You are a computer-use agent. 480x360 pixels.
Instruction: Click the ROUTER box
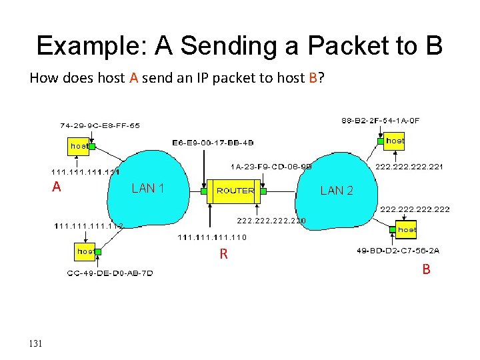[x=235, y=190]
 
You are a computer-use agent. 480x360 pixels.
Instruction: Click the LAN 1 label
[x=148, y=188]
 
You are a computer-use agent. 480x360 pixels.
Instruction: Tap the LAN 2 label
[x=337, y=190]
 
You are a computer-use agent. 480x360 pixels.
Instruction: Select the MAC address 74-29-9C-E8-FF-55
[x=99, y=125]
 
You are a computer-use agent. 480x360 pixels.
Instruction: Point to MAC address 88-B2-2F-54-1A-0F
[x=381, y=120]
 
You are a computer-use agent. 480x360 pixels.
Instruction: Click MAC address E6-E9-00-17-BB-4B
[x=213, y=142]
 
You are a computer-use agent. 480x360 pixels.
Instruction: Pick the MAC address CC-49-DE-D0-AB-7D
[x=110, y=273]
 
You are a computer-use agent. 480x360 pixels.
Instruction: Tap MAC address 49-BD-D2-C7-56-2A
[x=399, y=251]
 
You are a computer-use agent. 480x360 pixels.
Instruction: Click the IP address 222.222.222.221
[x=410, y=167]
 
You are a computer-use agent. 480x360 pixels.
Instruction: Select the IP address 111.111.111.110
[x=212, y=237]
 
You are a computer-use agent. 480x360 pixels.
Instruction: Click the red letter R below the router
[x=224, y=253]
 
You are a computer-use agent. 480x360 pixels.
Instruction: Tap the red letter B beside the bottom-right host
[x=425, y=269]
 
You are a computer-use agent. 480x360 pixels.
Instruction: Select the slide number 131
[x=36, y=343]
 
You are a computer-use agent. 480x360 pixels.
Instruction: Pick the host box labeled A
[x=79, y=145]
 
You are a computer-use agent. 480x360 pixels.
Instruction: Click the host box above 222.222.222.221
[x=395, y=141]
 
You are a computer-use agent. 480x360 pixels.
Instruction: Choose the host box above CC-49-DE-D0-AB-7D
[x=85, y=251]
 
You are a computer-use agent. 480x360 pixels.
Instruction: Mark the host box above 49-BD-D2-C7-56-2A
[x=407, y=229]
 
